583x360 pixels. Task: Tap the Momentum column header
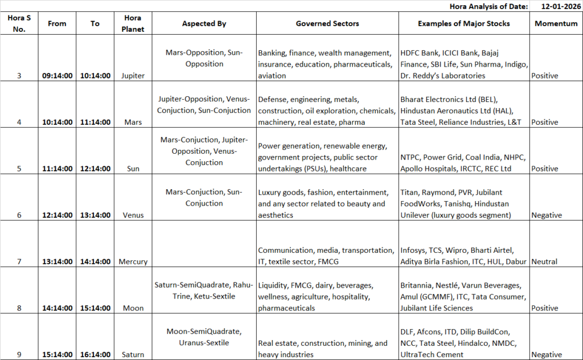click(556, 24)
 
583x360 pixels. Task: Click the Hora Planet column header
click(133, 24)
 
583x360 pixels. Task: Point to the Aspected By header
click(204, 24)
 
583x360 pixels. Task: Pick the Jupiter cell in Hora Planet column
click(133, 76)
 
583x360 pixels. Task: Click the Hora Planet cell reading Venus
click(133, 215)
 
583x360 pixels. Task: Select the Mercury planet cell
click(133, 262)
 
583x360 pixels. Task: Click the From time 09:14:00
click(57, 76)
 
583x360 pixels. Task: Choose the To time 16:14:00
click(95, 355)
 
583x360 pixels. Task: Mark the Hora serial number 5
click(19, 169)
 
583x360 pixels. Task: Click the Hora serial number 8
click(19, 308)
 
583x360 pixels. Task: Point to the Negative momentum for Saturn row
click(547, 355)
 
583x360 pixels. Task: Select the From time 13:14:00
click(57, 262)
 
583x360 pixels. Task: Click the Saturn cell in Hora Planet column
click(133, 355)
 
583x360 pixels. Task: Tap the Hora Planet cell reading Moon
click(133, 308)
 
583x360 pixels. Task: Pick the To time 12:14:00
click(95, 169)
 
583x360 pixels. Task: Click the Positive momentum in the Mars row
click(545, 122)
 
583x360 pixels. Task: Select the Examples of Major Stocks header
click(464, 24)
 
